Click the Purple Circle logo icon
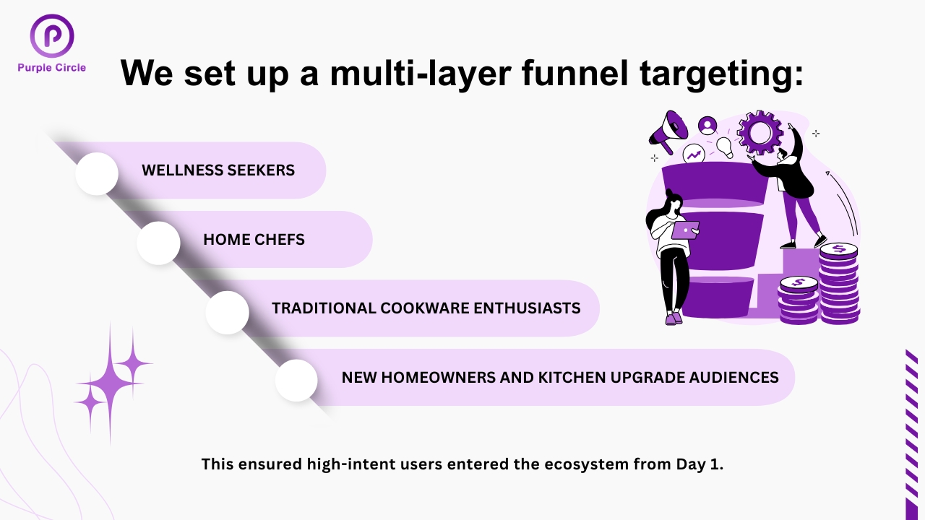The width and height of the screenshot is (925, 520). pyautogui.click(x=52, y=36)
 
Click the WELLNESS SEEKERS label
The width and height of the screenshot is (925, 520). pyautogui.click(x=218, y=170)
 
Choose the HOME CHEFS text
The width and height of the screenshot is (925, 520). pyautogui.click(x=254, y=240)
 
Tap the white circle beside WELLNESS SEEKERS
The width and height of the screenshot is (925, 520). pyautogui.click(x=97, y=173)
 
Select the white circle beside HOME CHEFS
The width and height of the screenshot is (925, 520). pyautogui.click(x=158, y=243)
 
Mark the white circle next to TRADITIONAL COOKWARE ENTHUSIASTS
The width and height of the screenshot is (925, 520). pyautogui.click(x=228, y=312)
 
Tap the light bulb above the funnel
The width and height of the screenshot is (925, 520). pyautogui.click(x=724, y=147)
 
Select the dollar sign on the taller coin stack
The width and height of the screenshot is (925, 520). pyautogui.click(x=838, y=249)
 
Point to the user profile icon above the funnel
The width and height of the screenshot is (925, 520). pyautogui.click(x=707, y=126)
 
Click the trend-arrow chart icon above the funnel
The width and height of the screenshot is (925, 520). pyautogui.click(x=694, y=153)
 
